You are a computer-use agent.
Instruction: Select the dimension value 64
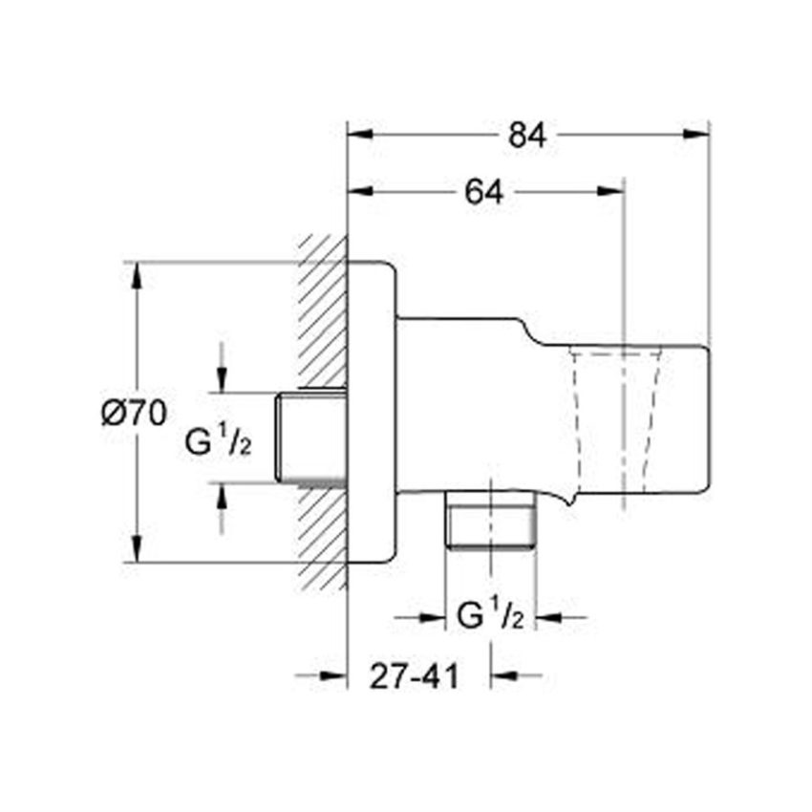tap(484, 191)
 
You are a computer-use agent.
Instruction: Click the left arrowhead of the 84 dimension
tap(358, 135)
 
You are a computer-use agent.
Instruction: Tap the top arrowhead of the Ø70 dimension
tap(139, 273)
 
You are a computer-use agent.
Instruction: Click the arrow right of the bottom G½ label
tap(559, 619)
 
